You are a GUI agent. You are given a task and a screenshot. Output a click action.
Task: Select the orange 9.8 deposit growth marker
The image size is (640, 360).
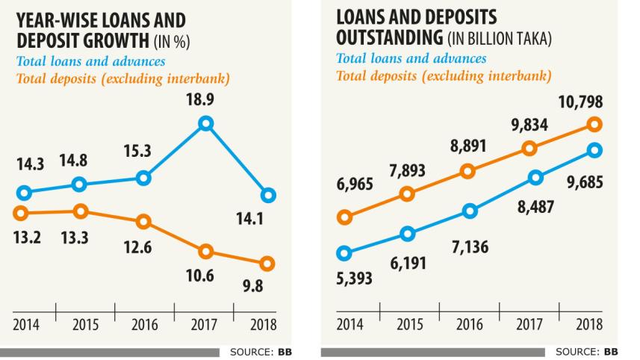point(267,263)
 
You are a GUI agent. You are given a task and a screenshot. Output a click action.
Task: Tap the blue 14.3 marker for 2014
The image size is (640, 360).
point(25,193)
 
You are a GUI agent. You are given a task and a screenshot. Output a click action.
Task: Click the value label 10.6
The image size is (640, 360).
point(199,276)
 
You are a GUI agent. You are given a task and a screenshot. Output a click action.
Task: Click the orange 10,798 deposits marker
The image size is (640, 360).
point(594,125)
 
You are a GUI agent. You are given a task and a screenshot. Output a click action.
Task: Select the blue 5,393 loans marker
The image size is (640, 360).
point(344,253)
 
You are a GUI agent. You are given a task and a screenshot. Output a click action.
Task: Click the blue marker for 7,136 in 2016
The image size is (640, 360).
point(469,211)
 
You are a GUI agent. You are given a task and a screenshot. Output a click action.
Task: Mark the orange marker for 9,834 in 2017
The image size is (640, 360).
point(530,148)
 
